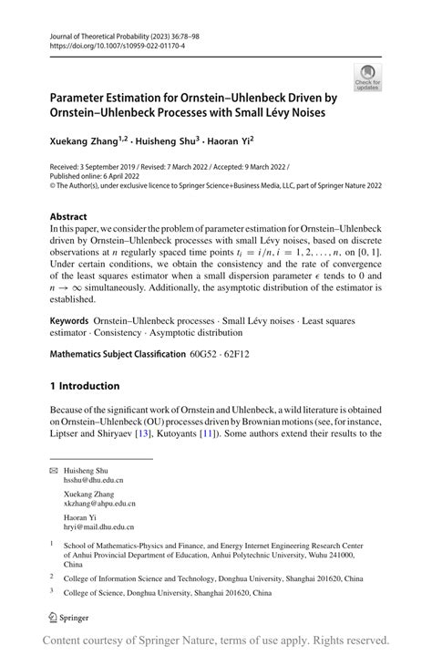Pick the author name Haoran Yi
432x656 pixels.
coord(229,141)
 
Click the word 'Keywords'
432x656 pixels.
coord(69,322)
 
